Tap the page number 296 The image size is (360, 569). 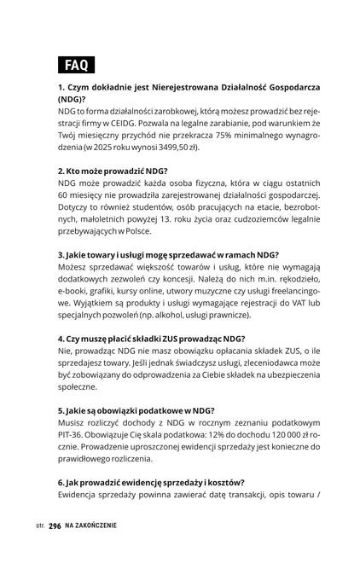(x=55, y=526)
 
